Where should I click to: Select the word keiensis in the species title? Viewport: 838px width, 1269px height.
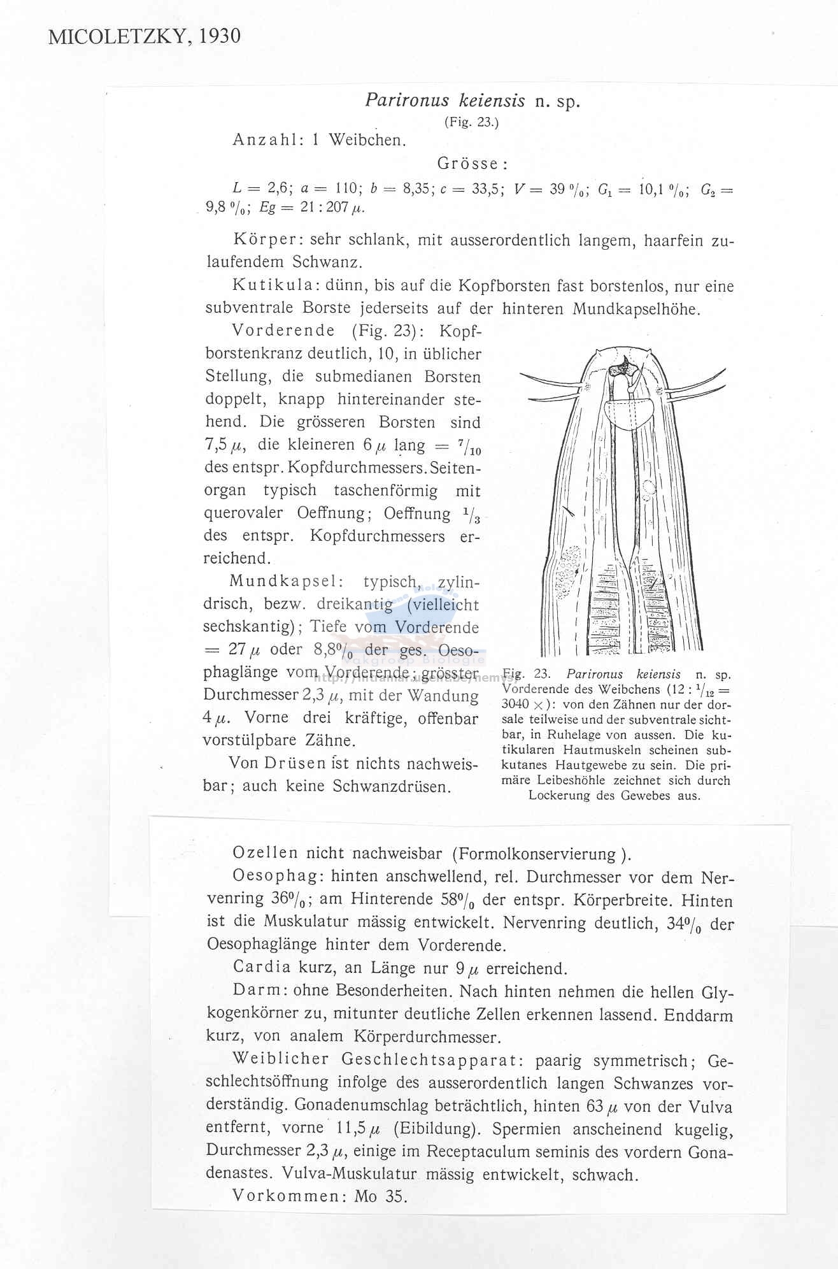click(490, 101)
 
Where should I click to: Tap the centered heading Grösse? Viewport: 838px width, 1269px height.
click(472, 164)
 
